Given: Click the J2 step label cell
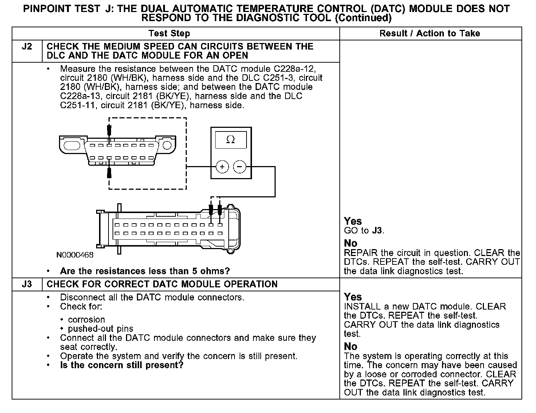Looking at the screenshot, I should pyautogui.click(x=27, y=47).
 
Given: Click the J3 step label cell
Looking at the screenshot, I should pyautogui.click(x=27, y=284).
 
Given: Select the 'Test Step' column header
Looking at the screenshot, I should pyautogui.click(x=169, y=34).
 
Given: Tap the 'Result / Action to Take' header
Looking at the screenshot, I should pyautogui.click(x=430, y=34).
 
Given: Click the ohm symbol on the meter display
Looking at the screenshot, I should pyautogui.click(x=230, y=139).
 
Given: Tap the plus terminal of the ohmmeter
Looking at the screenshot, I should pyautogui.click(x=222, y=167).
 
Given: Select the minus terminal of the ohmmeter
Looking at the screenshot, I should pyautogui.click(x=240, y=167).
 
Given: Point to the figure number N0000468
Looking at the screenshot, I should pyautogui.click(x=75, y=255).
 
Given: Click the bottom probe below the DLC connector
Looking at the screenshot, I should pyautogui.click(x=109, y=172).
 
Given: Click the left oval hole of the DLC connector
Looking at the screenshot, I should pyautogui.click(x=72, y=146).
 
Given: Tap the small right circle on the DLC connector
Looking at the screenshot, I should pyautogui.click(x=166, y=145).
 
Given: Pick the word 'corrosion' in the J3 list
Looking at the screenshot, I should pyautogui.click(x=86, y=319).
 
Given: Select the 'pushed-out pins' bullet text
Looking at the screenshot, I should pyautogui.click(x=100, y=329).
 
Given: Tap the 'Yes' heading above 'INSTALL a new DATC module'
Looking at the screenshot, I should pyautogui.click(x=353, y=297).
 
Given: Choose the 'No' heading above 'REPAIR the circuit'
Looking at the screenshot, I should pyautogui.click(x=351, y=243).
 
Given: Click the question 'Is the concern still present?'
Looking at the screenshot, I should pyautogui.click(x=122, y=365).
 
